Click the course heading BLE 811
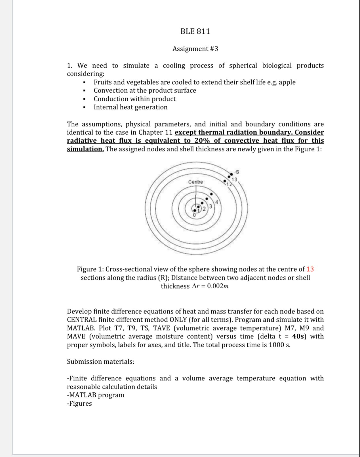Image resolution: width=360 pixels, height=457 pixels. pos(195,31)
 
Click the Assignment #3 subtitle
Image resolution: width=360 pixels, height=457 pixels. pos(195,49)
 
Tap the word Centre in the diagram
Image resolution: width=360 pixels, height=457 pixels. pos(195,182)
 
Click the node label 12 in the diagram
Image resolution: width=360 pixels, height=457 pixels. pos(229,185)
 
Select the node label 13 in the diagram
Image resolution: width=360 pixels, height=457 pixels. pos(234,179)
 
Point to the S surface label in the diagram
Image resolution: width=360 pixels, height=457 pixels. pos(237,172)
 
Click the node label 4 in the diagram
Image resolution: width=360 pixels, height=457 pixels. pos(217,202)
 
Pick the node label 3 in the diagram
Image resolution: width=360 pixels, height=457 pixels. pos(210,206)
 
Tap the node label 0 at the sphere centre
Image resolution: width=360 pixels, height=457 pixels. pos(194,215)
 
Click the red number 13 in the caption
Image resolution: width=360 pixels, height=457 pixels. pos(310,269)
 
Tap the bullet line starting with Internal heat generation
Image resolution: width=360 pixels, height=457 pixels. pos(130,107)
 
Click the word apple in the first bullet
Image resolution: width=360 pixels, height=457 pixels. pos(287,82)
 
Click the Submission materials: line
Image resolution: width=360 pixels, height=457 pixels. pos(100,361)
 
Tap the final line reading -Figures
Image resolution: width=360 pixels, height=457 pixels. pos(79,403)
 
